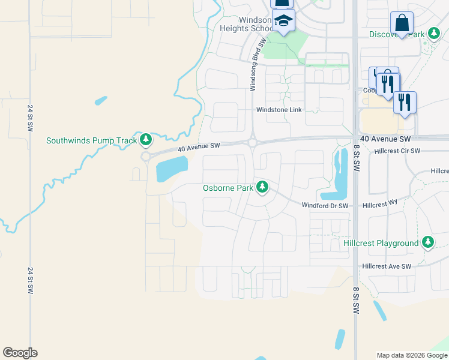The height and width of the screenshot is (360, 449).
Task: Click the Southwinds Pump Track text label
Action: [x=92, y=141]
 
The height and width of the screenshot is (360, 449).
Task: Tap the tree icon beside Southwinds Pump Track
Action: [x=145, y=140]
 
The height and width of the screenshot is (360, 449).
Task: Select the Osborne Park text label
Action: [x=228, y=188]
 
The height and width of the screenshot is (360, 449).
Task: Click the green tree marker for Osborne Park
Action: [x=262, y=187]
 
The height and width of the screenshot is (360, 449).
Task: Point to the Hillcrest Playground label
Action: [x=381, y=243]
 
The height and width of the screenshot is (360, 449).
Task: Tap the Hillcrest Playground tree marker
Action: [x=427, y=242]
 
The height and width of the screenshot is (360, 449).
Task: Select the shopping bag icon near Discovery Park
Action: [x=402, y=23]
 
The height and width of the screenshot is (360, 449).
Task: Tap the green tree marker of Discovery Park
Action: [x=432, y=34]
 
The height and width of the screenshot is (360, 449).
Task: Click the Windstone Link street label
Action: [x=279, y=110]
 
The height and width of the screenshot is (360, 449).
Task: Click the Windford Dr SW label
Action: [x=325, y=205]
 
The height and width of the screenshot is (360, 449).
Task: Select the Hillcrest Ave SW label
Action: [x=387, y=266]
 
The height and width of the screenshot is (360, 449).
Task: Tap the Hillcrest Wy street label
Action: [x=380, y=205]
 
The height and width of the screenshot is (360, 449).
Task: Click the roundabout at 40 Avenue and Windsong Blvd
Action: [x=253, y=143]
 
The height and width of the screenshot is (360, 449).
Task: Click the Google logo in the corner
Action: [x=20, y=353]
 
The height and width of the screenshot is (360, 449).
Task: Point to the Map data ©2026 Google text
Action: [x=411, y=355]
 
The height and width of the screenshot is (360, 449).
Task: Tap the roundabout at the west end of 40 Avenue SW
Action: [x=146, y=157]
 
